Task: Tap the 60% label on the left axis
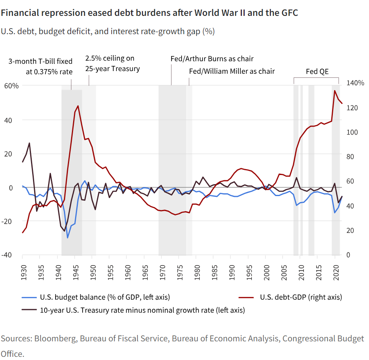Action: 11,86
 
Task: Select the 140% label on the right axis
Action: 355,83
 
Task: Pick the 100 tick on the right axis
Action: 352,132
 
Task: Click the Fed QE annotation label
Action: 317,72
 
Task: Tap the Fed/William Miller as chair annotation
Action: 232,71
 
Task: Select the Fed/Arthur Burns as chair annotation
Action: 212,59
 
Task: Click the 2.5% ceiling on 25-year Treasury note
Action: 113,64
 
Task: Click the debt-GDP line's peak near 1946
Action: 78,106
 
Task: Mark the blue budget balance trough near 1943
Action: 68,238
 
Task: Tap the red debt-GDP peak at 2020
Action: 335,91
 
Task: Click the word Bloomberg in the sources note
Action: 55,339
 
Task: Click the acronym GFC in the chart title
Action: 290,13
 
